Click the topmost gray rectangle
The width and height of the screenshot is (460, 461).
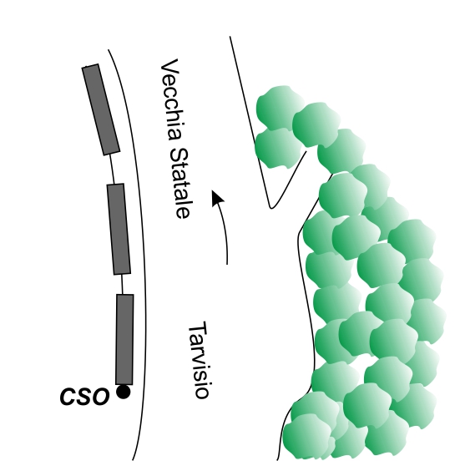tap(101, 109)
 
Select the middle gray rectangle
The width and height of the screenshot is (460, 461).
tap(119, 229)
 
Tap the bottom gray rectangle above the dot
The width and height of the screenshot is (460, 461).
tap(125, 339)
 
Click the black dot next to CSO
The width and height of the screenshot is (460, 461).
tap(124, 392)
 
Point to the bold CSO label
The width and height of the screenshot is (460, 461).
tap(84, 397)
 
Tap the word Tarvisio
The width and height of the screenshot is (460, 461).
tap(199, 360)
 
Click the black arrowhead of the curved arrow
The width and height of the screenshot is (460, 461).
tap(218, 198)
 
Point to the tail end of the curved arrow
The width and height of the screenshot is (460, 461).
tap(227, 264)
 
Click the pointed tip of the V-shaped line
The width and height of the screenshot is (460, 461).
tap(271, 208)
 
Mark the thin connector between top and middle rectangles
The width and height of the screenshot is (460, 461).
tap(112, 169)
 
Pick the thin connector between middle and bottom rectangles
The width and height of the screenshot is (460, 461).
tap(122, 284)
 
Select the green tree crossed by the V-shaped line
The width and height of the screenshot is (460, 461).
tap(278, 149)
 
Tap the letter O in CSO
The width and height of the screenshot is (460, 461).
tap(100, 397)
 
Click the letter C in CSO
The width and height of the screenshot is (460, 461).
tap(68, 397)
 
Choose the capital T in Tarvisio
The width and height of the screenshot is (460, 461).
tap(198, 328)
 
